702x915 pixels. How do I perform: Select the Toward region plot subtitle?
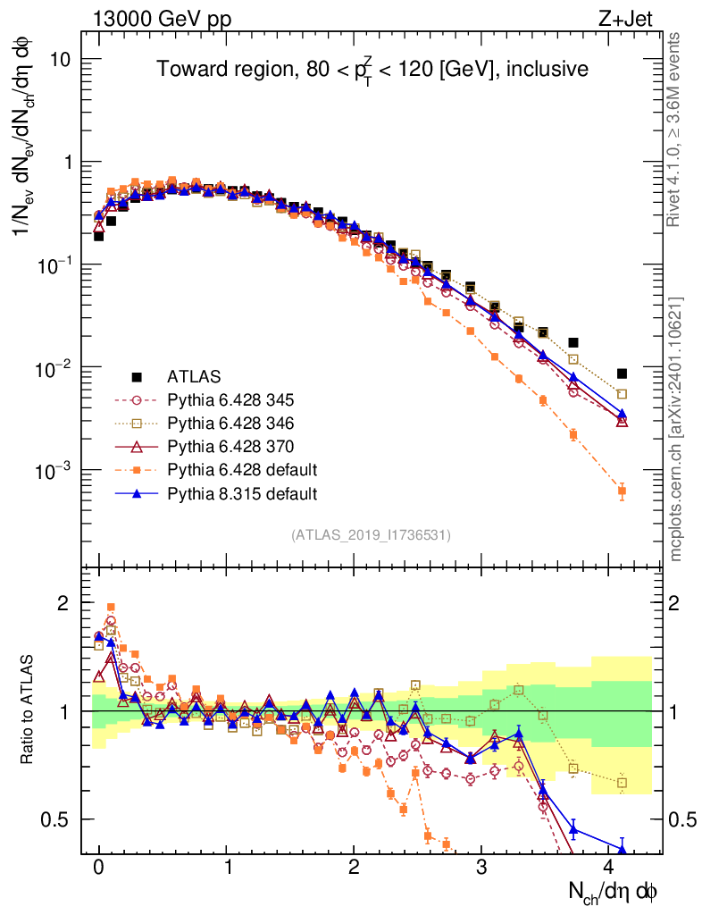pyautogui.click(x=372, y=69)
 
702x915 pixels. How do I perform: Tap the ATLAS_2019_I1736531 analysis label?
pyautogui.click(x=371, y=535)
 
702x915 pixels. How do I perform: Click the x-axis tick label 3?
pyautogui.click(x=483, y=867)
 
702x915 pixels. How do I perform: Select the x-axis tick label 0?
pyautogui.click(x=97, y=867)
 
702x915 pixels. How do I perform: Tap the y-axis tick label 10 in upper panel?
pyautogui.click(x=62, y=59)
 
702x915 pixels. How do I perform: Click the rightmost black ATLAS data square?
pyautogui.click(x=623, y=374)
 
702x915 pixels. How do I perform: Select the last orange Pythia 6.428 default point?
pyautogui.click(x=623, y=491)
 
